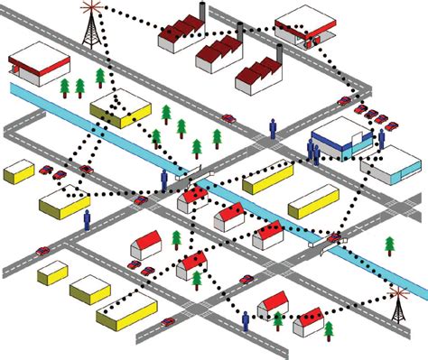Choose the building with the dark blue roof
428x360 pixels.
[x=340, y=136]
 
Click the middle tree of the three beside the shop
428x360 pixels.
[x=80, y=87]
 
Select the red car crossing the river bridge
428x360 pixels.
[x=335, y=237]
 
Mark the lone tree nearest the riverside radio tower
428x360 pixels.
[x=389, y=245]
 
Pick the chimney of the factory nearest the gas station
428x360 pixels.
[x=281, y=52]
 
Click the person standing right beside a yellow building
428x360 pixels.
[x=88, y=219]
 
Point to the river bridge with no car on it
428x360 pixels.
[x=192, y=171]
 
